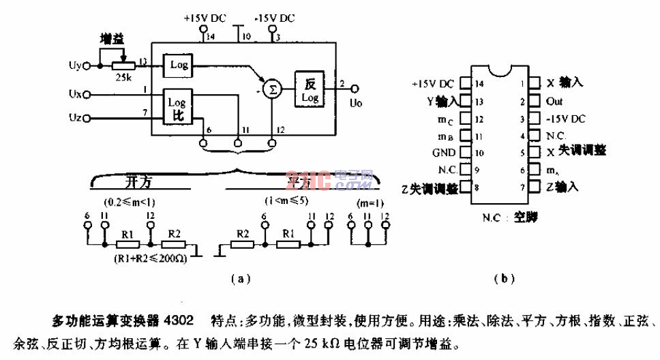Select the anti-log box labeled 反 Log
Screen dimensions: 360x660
(310, 90)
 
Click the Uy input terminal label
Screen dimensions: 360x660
(76, 66)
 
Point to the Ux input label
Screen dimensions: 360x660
(76, 91)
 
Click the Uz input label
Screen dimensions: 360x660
(76, 117)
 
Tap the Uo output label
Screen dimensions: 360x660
(355, 104)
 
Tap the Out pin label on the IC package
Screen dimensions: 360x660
(554, 101)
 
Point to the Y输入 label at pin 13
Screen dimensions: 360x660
(440, 101)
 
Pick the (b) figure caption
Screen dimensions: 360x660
(504, 277)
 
